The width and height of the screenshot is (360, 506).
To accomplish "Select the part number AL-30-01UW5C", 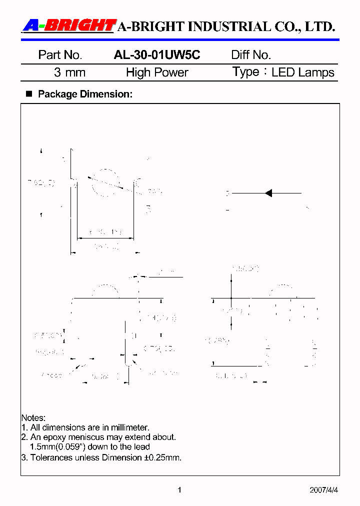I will point(157,55).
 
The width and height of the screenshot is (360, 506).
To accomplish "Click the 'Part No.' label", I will point(60,55).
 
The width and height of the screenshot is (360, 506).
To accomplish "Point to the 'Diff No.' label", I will point(251,55).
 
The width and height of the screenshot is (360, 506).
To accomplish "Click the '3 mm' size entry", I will point(69,72).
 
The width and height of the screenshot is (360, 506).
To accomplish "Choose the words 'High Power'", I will point(157,72).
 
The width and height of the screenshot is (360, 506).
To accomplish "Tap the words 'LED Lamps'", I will point(303,72).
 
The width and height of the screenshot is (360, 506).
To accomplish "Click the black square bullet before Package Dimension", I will point(28,93).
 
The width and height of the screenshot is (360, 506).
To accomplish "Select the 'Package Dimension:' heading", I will point(85,93).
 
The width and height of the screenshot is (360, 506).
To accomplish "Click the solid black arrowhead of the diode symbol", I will point(268,193).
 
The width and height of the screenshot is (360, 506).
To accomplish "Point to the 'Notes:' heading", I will point(33,417).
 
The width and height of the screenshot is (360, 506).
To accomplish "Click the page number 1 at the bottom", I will point(179,490).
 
